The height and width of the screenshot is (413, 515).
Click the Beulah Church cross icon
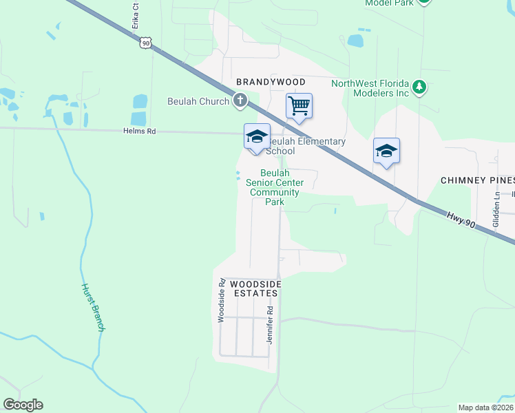(240, 102)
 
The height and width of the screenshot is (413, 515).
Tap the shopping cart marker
(299, 107)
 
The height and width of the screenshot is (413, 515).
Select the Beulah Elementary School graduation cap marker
(257, 136)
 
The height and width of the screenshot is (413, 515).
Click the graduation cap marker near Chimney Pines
(386, 151)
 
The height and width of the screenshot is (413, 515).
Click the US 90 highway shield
(144, 43)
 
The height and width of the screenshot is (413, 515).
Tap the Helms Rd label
(140, 131)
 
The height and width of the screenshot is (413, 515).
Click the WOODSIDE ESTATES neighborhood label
(254, 288)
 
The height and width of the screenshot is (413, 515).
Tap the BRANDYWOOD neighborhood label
(271, 82)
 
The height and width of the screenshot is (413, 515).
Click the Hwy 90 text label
(457, 217)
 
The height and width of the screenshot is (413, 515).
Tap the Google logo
(23, 405)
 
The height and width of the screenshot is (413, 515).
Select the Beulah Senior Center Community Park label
(274, 188)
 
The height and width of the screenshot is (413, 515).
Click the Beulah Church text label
(198, 102)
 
